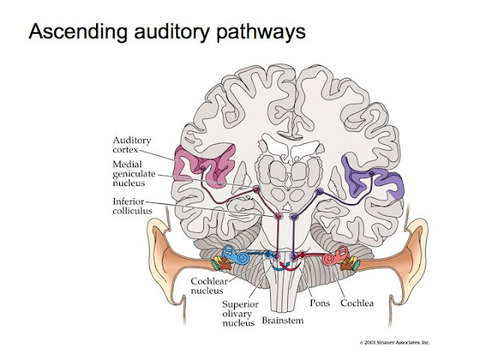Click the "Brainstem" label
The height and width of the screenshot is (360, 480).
[x=283, y=322]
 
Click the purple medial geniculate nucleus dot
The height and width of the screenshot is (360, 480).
[x=319, y=192]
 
